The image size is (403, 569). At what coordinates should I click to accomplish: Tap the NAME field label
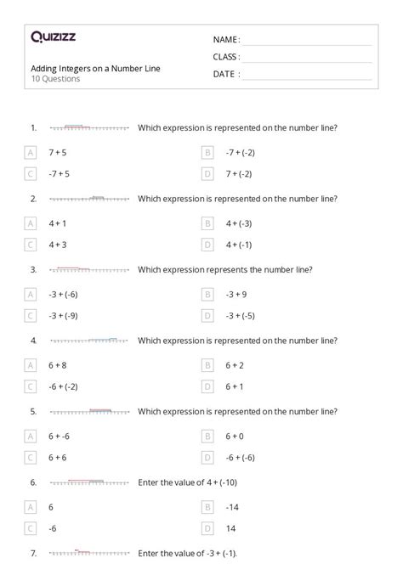pyautogui.click(x=226, y=40)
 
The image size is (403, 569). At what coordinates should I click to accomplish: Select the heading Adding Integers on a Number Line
pyautogui.click(x=94, y=68)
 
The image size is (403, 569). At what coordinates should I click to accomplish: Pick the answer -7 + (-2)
pyautogui.click(x=241, y=153)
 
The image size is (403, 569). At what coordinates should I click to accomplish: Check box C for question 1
pyautogui.click(x=31, y=174)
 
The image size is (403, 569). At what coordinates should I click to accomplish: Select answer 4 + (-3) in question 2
pyautogui.click(x=239, y=224)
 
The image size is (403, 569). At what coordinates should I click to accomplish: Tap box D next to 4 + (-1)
pyautogui.click(x=207, y=245)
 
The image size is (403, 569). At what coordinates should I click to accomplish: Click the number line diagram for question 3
pyautogui.click(x=89, y=270)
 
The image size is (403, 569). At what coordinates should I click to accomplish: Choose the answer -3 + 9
pyautogui.click(x=236, y=295)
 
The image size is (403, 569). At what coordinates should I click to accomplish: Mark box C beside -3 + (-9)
pyautogui.click(x=31, y=315)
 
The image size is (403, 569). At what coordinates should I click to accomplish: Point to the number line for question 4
pyautogui.click(x=89, y=341)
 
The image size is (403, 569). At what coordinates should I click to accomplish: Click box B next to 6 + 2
pyautogui.click(x=207, y=365)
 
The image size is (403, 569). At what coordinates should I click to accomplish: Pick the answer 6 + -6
pyautogui.click(x=60, y=437)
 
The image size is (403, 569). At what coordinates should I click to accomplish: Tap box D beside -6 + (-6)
pyautogui.click(x=207, y=457)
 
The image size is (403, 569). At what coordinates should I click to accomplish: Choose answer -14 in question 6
pyautogui.click(x=231, y=507)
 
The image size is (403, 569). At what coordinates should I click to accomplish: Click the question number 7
pyautogui.click(x=33, y=553)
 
